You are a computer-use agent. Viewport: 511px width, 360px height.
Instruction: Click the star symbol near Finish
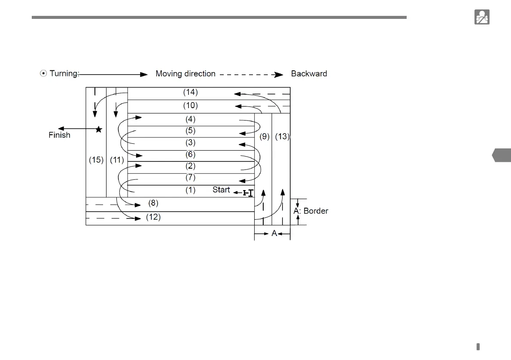point(99,129)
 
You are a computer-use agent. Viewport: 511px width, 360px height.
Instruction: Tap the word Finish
point(59,136)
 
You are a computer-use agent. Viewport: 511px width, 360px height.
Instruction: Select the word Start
point(221,190)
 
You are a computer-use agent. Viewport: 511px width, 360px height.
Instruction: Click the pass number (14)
point(190,92)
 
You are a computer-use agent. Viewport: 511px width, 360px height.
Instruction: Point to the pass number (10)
point(190,106)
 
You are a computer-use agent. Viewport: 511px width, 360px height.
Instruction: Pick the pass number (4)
point(190,119)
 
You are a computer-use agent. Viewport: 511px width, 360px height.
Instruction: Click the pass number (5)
point(190,131)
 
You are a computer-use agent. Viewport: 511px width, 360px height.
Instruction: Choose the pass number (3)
point(190,142)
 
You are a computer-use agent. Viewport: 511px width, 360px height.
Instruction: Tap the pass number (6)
point(190,154)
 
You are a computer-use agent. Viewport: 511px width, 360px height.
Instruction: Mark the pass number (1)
point(190,190)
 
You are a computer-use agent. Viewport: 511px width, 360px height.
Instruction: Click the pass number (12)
point(153,217)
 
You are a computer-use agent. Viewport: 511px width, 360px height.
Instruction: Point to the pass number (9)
point(265,137)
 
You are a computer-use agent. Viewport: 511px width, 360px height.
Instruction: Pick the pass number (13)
point(282,137)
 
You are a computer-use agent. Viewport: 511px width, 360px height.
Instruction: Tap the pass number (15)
point(96,160)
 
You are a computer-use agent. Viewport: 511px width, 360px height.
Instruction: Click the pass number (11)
point(117,160)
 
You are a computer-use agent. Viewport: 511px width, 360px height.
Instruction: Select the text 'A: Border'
point(310,211)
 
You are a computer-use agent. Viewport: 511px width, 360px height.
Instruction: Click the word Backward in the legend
point(309,74)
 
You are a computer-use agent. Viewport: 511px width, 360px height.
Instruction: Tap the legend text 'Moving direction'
point(186,74)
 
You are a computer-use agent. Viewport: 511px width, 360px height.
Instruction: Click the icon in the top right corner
point(482,17)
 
